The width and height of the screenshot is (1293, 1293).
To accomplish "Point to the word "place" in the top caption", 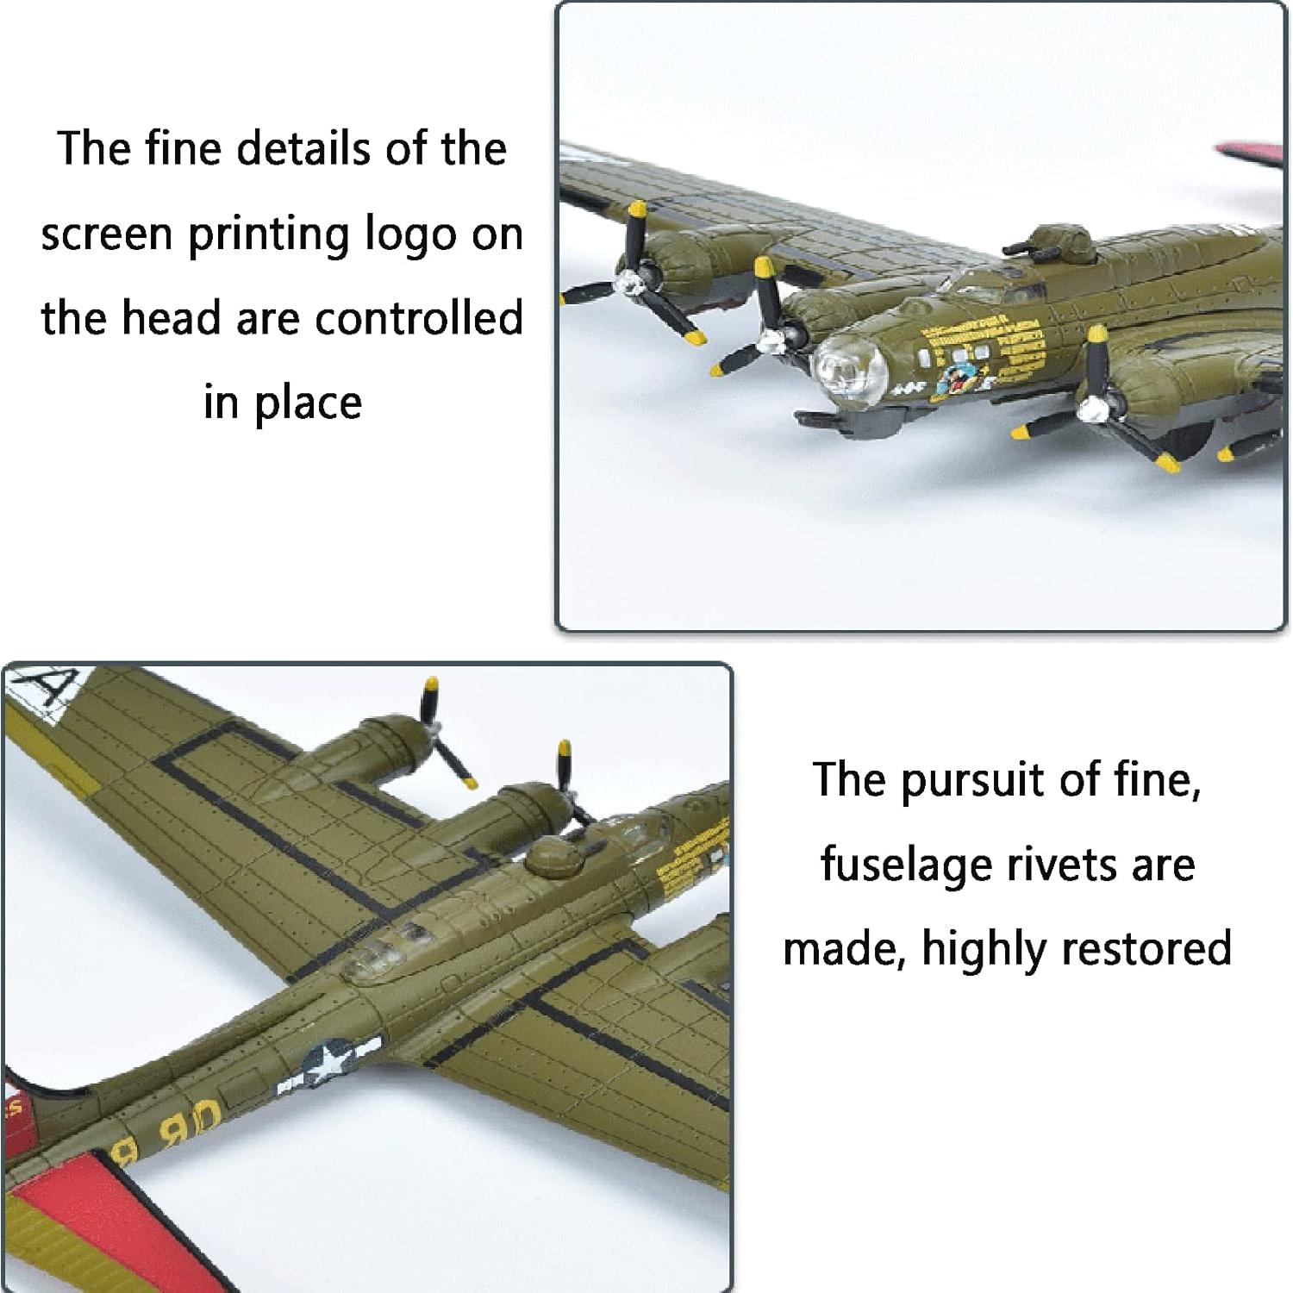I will [307, 403].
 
